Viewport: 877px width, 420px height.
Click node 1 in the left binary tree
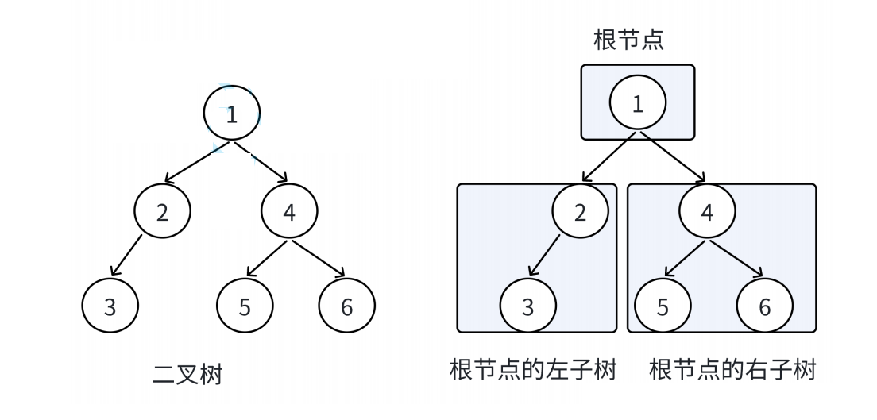pyautogui.click(x=231, y=114)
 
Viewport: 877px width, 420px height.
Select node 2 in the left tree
pyautogui.click(x=162, y=214)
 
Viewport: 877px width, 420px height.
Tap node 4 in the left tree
pyautogui.click(x=289, y=214)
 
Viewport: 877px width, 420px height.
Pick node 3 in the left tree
pyautogui.click(x=110, y=307)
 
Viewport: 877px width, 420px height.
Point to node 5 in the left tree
pyautogui.click(x=245, y=307)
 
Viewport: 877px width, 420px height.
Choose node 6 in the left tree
pyautogui.click(x=346, y=307)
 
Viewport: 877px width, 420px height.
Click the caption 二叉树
pyautogui.click(x=187, y=374)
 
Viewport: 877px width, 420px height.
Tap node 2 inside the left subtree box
pyautogui.click(x=581, y=213)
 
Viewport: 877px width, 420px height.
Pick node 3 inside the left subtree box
pyautogui.click(x=528, y=307)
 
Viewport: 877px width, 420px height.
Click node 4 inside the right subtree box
pyautogui.click(x=708, y=213)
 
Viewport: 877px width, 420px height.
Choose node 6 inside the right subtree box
pyautogui.click(x=764, y=307)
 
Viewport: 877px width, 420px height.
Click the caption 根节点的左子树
pyautogui.click(x=532, y=371)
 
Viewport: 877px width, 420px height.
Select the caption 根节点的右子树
pyautogui.click(x=732, y=371)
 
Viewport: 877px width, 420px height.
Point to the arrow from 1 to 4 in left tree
pyautogui.click(x=260, y=163)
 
